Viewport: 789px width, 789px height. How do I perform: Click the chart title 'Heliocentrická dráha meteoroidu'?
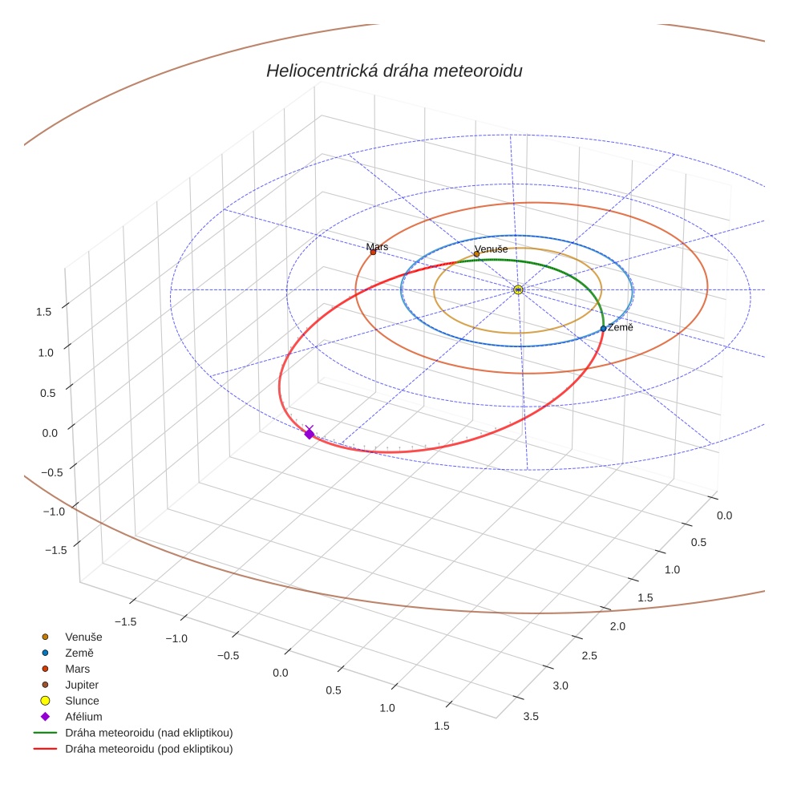point(394,71)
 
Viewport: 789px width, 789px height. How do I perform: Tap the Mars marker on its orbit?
point(373,253)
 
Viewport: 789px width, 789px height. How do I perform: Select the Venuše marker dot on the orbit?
point(476,254)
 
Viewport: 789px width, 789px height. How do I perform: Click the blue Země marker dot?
point(603,329)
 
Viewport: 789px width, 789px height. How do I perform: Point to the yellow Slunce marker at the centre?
point(518,289)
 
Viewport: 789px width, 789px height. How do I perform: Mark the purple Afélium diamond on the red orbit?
point(309,434)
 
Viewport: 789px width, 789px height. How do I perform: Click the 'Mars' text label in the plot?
point(377,247)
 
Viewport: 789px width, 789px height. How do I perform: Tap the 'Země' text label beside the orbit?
point(621,328)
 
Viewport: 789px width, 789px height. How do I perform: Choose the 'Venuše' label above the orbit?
point(491,249)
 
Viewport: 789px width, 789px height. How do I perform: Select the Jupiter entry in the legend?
point(82,685)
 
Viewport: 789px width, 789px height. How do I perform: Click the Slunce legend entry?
point(82,701)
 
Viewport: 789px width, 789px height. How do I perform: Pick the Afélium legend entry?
point(83,717)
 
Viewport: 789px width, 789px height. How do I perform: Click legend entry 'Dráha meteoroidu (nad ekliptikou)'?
point(148,733)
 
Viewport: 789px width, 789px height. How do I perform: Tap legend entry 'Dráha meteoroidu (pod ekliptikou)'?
point(148,749)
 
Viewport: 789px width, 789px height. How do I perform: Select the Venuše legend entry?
point(83,637)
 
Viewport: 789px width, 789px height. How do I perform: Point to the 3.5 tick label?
point(531,716)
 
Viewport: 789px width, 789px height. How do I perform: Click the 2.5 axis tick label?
point(589,656)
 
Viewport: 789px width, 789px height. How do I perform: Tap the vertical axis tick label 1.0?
point(45,352)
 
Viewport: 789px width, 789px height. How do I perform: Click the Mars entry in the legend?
point(78,669)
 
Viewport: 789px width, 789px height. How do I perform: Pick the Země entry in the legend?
point(79,653)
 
